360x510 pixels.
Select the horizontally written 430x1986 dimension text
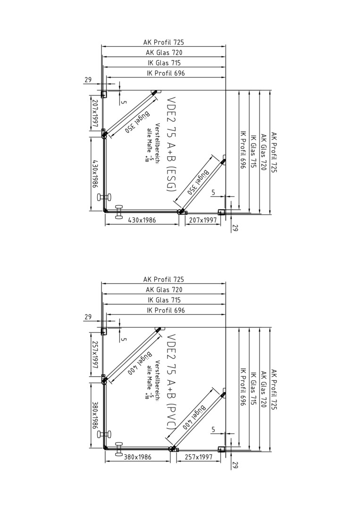tap(142, 220)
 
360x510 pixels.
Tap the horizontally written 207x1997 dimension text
tap(202, 220)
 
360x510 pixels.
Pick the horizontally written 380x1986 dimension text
tap(137, 457)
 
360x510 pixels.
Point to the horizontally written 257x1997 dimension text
tap(199, 457)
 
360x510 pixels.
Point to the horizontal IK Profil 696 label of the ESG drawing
tap(166, 73)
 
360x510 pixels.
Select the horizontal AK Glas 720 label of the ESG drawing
tap(164, 52)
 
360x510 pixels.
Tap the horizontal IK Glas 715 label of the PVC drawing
tap(164, 300)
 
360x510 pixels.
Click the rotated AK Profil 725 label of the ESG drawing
tap(274, 152)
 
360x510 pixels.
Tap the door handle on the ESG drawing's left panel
tap(104, 197)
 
